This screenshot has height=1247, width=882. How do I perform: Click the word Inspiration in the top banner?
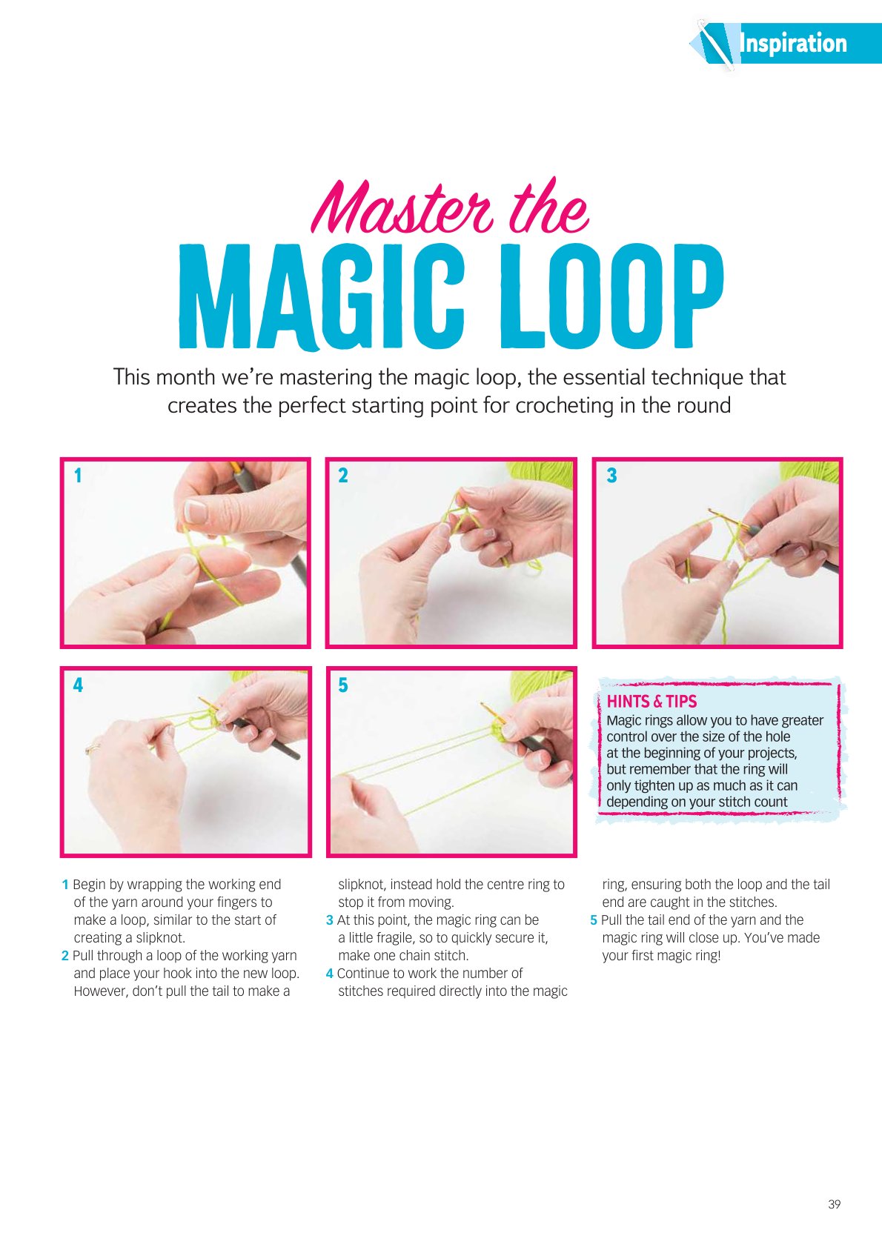793,44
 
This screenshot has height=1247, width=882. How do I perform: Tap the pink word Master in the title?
402,207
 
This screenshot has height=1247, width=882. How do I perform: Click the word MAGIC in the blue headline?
321,296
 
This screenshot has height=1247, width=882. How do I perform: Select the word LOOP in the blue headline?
611,296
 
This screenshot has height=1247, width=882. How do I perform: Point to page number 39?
834,1204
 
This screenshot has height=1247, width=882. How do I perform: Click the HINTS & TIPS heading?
651,701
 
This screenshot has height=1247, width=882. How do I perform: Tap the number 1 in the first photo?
78,476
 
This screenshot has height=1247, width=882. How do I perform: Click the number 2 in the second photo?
343,476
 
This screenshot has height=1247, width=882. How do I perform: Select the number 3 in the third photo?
611,476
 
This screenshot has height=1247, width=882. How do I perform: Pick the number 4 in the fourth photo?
78,685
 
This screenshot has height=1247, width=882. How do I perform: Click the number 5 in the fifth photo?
343,685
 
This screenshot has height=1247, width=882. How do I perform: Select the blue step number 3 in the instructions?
330,920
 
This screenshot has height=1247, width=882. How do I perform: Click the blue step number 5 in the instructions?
594,920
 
